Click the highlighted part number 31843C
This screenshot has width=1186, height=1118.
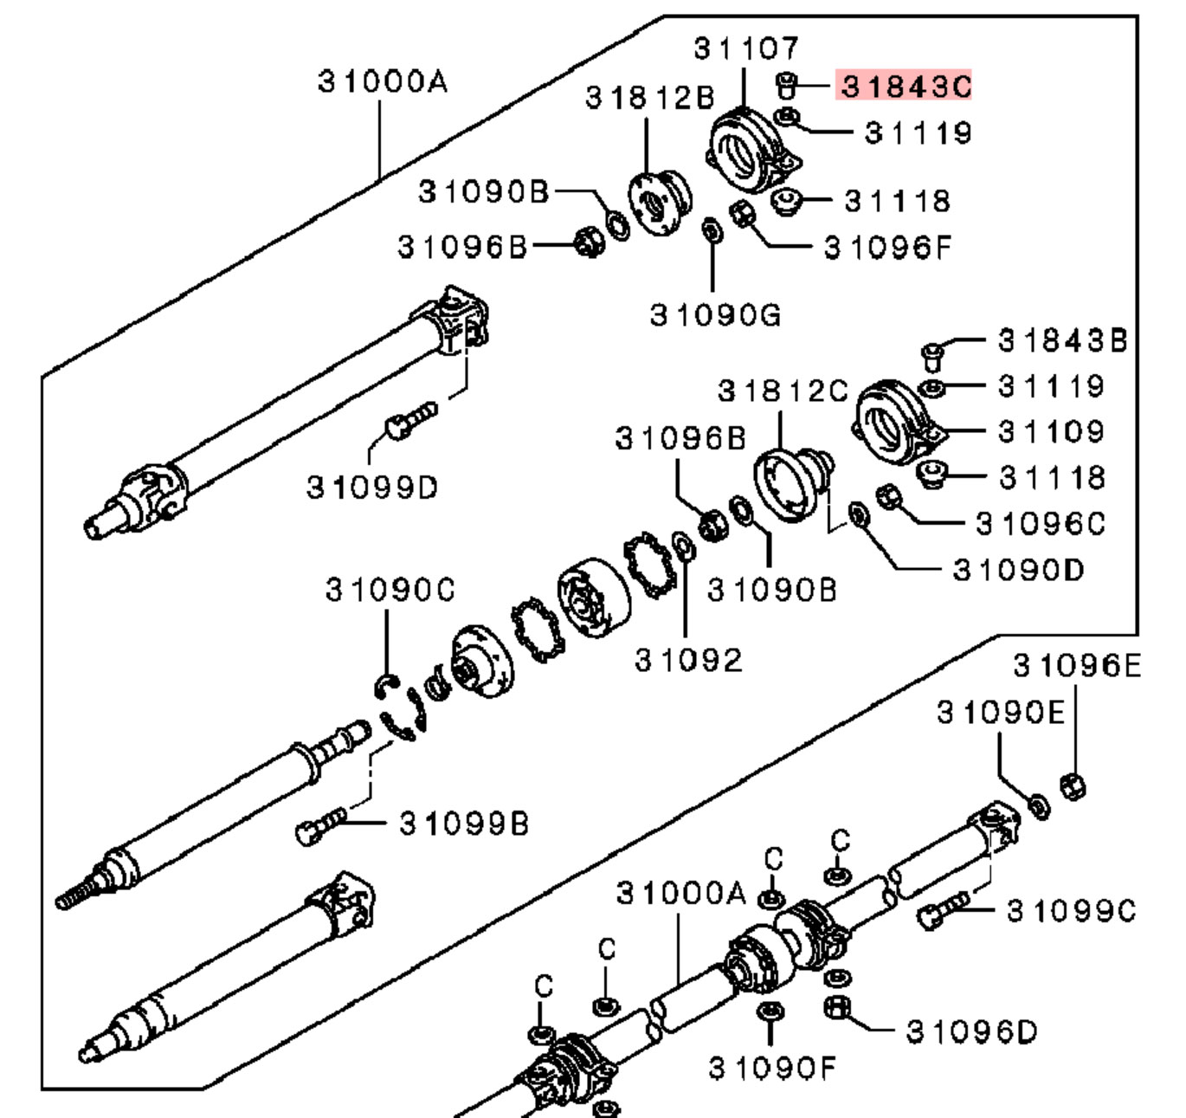[905, 86]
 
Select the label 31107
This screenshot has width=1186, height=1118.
[746, 48]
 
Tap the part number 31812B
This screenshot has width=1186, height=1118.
[649, 97]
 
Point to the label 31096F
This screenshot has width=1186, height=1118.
[886, 248]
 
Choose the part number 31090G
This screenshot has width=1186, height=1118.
[715, 314]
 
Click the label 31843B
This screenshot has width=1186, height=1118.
[1062, 340]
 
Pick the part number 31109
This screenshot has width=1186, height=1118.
[1051, 431]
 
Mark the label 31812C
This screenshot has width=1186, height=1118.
[783, 391]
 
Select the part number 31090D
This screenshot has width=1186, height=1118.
[1018, 570]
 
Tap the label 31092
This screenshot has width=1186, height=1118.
[688, 661]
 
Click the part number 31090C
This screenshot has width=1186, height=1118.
[390, 590]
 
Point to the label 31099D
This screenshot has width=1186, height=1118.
[372, 488]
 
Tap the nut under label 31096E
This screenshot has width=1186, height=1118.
[1073, 785]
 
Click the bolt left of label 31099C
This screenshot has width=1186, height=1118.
[942, 911]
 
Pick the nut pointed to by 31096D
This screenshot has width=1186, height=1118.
[836, 1007]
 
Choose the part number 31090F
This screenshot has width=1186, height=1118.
[772, 1069]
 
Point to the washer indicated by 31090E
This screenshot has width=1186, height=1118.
[1038, 805]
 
